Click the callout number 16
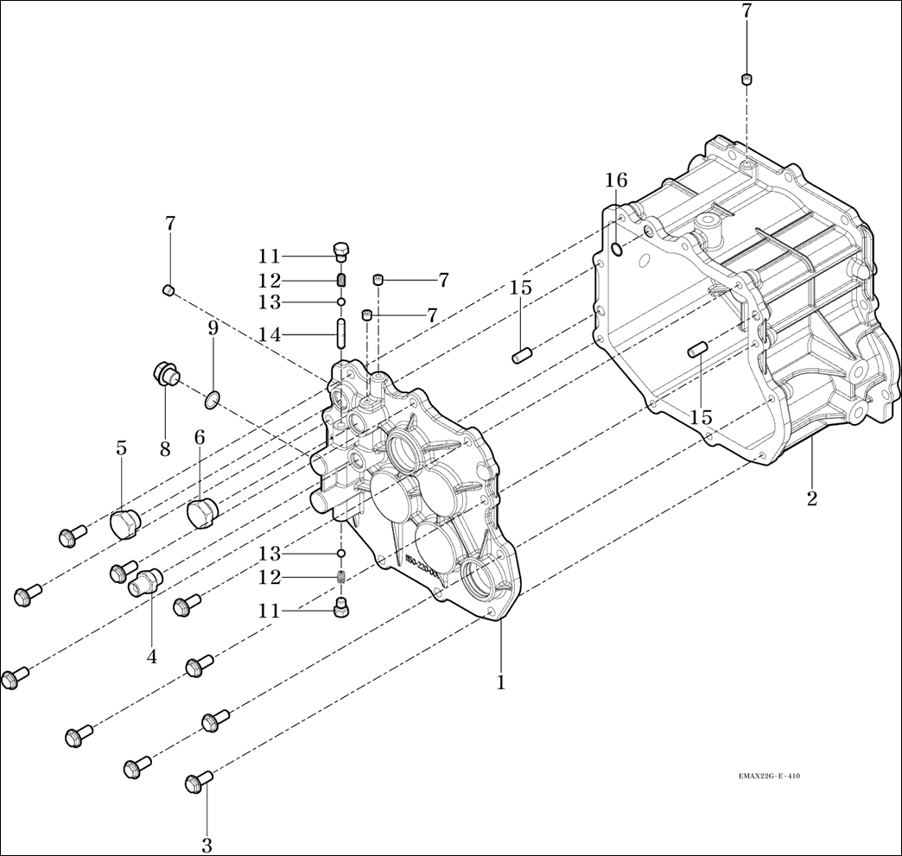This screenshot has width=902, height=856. point(616,181)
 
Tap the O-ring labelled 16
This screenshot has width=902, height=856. point(615,249)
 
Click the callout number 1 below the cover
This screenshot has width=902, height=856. point(500,682)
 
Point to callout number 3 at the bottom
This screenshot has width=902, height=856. point(206,846)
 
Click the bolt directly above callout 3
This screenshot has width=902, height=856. point(199,783)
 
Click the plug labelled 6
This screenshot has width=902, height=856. point(203,515)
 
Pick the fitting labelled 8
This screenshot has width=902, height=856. point(164,376)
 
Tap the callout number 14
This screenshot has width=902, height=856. point(269,334)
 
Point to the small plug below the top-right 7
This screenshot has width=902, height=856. point(746,80)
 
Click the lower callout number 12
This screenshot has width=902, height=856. point(269,576)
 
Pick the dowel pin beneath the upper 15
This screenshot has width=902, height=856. point(520,354)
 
